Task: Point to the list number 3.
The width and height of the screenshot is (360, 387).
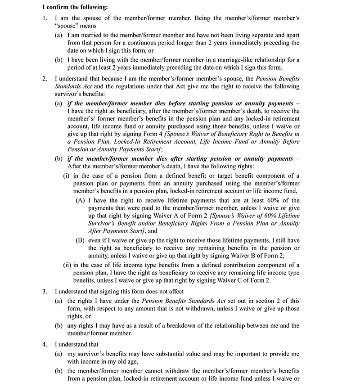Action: pyautogui.click(x=44, y=291)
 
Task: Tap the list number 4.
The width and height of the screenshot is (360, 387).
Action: pyautogui.click(x=44, y=344)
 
